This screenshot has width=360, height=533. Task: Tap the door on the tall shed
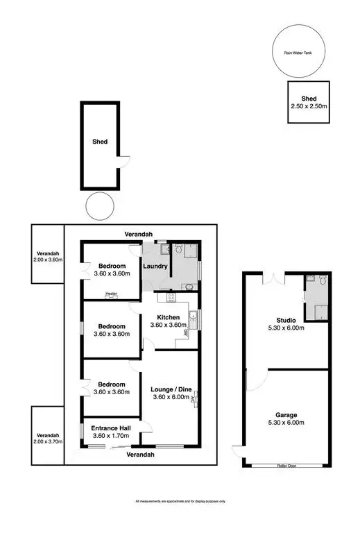tap(122, 165)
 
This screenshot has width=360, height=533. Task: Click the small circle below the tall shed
tap(98, 206)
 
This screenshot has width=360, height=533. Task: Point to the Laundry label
tap(155, 266)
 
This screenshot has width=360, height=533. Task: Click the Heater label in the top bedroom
tap(111, 294)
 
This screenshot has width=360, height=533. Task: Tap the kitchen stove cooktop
tap(166, 298)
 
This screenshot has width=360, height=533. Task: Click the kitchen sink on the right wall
tap(196, 320)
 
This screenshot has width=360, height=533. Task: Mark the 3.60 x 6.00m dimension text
tap(170, 399)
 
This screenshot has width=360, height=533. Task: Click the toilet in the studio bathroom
tap(311, 280)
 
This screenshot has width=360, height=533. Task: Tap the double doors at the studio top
tap(275, 279)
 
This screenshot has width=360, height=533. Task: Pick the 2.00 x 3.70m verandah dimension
tap(48, 441)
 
